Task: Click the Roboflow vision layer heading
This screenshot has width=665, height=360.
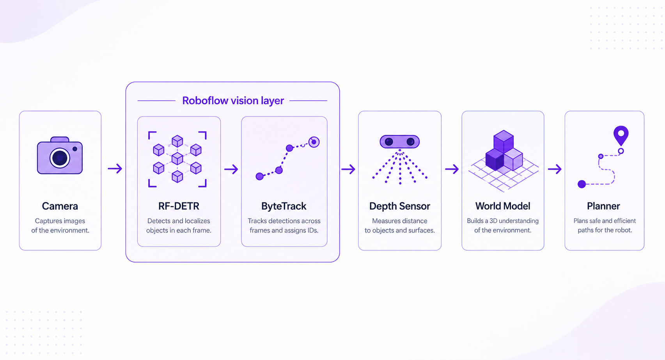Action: [x=233, y=101]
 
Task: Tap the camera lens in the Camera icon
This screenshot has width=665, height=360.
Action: [x=60, y=158]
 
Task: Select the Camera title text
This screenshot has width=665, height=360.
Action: [x=60, y=206]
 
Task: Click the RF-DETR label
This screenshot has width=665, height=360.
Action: [x=179, y=206]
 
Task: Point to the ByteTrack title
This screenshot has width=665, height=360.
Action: [x=284, y=206]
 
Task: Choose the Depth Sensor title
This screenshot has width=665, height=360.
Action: [x=400, y=206]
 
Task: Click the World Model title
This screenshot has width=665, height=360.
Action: [x=503, y=206]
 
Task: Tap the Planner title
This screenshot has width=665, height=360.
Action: [x=603, y=206]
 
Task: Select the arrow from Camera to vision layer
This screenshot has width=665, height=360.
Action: [x=115, y=168]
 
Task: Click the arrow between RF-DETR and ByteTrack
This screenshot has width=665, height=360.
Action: [x=231, y=169]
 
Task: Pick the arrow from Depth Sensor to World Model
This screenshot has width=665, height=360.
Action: [x=452, y=169]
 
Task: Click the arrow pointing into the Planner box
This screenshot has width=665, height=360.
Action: [x=555, y=169]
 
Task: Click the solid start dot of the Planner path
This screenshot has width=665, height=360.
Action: [x=582, y=184]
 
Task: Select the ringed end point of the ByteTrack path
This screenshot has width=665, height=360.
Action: [x=314, y=142]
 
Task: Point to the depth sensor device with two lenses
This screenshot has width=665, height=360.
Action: [x=400, y=142]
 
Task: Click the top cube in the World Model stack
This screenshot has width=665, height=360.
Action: [x=504, y=141]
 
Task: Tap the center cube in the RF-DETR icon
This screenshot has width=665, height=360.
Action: [x=177, y=158]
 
